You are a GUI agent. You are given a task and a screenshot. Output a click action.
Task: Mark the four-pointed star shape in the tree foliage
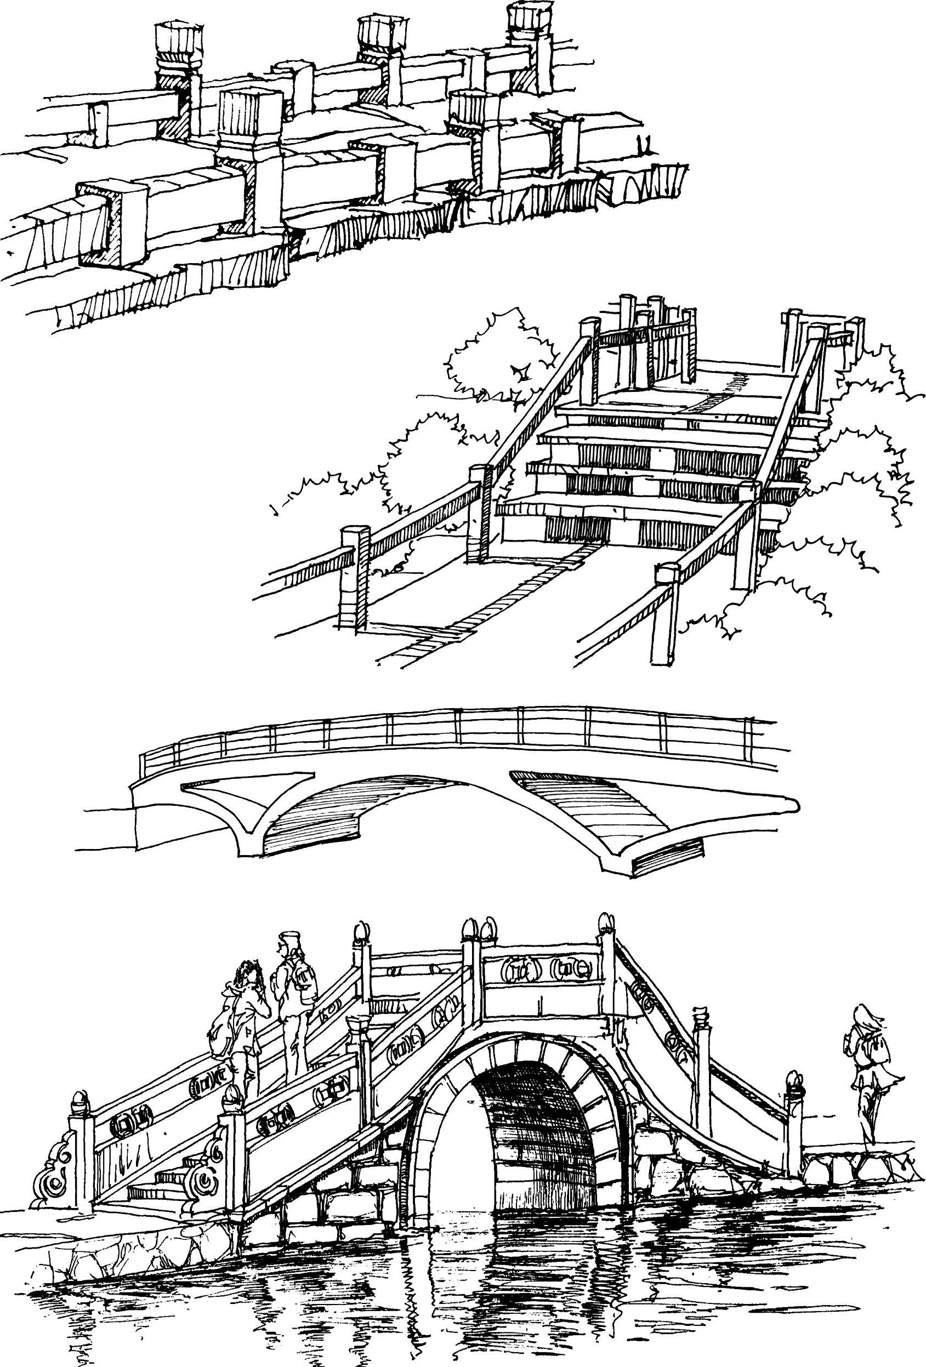coord(521,372)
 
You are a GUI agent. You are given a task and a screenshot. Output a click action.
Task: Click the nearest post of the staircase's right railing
coord(666,612)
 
